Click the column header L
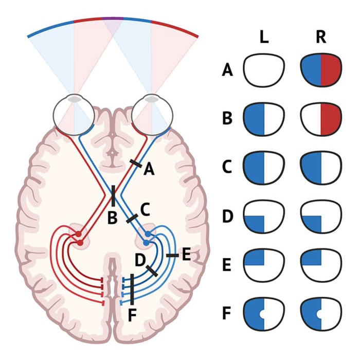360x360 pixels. click(x=264, y=39)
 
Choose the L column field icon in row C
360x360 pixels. click(x=264, y=166)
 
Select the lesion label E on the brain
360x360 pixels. click(x=186, y=253)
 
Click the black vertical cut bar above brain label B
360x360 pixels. click(x=113, y=196)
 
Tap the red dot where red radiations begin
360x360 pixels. click(x=79, y=235)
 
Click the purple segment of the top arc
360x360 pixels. click(x=113, y=19)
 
